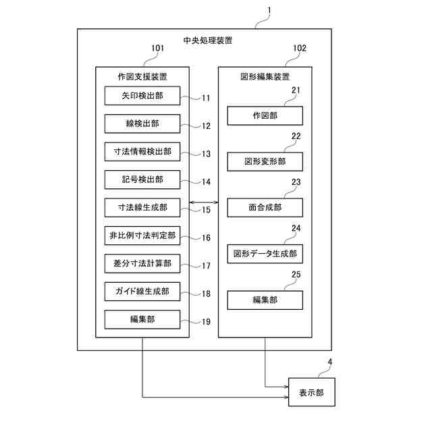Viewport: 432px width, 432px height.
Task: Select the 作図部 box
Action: (265, 116)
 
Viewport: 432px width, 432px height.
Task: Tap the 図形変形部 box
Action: (265, 162)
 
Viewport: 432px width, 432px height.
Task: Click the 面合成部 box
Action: (265, 208)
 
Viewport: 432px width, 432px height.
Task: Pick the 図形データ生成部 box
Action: (265, 254)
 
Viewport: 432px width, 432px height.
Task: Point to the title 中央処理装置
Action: (205, 40)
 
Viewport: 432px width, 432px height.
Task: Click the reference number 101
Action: (157, 49)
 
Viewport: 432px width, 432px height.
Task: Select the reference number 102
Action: (300, 49)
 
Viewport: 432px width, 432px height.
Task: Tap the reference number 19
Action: (206, 322)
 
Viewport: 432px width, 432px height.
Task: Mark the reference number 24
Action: (296, 228)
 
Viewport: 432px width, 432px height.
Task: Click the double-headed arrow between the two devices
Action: (203, 202)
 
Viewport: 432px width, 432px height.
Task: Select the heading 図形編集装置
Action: (265, 76)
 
